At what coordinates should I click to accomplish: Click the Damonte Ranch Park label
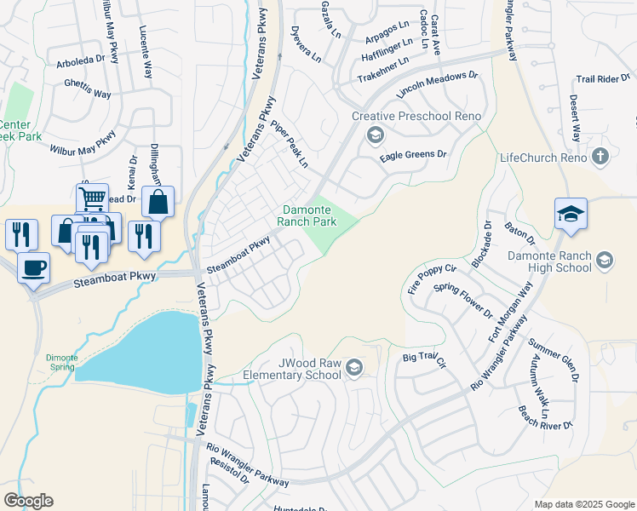(306, 215)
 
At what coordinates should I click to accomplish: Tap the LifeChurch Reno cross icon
(600, 157)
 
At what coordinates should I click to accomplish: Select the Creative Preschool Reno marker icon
(375, 135)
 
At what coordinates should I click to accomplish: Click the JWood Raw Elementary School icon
(354, 368)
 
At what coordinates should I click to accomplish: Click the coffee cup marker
(33, 267)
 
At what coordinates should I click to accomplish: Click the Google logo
(28, 501)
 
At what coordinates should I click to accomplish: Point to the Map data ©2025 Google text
(583, 504)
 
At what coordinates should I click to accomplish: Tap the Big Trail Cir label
(424, 358)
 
